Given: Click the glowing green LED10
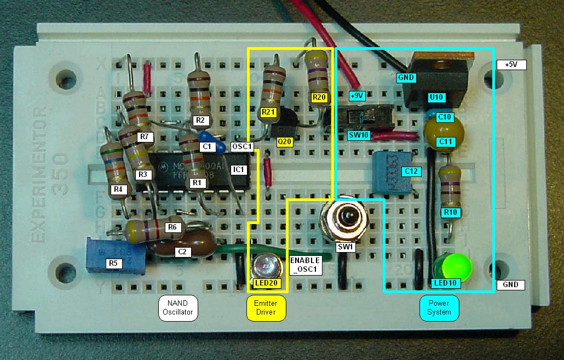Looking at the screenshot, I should tap(452, 266).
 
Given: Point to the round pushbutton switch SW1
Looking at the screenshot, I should tap(345, 218).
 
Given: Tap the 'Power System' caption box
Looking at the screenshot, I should tap(439, 308).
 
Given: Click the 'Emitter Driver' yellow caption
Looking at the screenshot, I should tap(266, 308).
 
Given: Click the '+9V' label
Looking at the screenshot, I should tap(356, 96).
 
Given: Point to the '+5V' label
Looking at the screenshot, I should tap(511, 65).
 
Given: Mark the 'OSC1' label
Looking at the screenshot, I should tap(241, 147).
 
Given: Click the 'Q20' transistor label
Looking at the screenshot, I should tap(285, 141).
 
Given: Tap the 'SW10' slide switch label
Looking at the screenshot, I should tap(359, 135).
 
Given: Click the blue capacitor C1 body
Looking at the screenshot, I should tap(210, 140).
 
